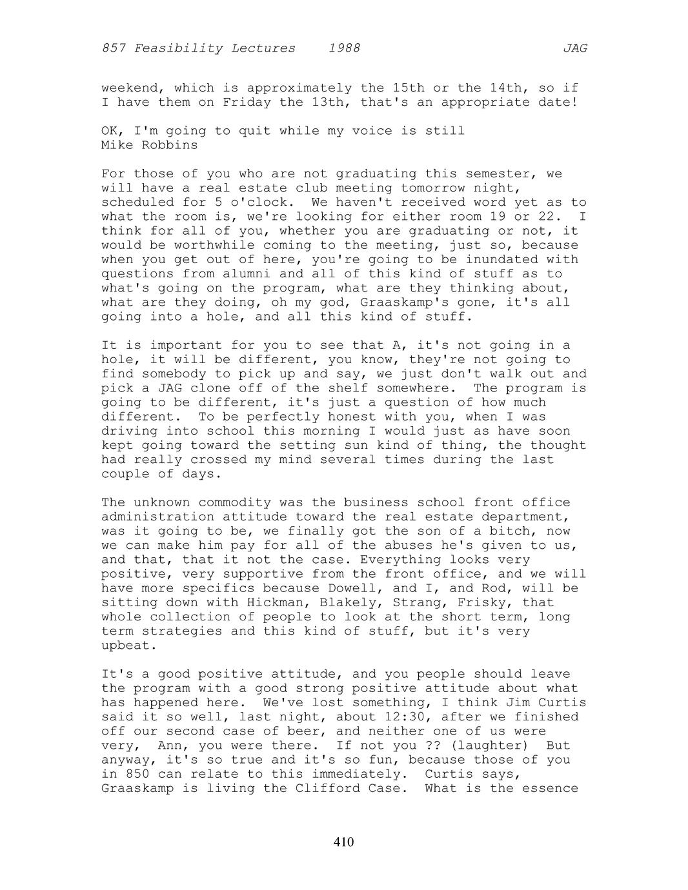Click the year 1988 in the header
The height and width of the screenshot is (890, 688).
tap(344, 48)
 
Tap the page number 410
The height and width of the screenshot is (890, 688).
tap(344, 842)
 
